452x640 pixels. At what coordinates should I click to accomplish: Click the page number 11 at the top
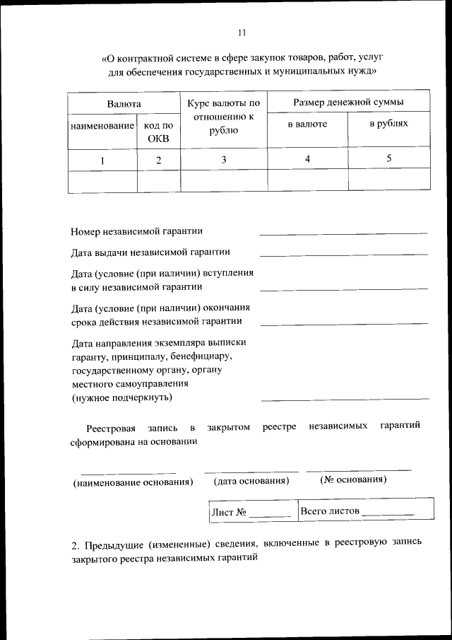tap(242, 33)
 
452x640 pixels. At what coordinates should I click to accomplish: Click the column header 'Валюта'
tap(124, 104)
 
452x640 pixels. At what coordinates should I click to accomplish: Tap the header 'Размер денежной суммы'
tap(349, 103)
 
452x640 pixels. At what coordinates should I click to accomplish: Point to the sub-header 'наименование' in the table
tap(102, 125)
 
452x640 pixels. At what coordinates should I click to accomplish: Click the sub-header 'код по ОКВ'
tap(158, 132)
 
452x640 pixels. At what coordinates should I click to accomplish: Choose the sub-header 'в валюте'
tap(307, 124)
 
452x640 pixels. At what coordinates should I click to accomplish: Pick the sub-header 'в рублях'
tap(389, 124)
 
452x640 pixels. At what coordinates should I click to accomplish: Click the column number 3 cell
tap(224, 160)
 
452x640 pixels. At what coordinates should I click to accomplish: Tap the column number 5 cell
tap(389, 158)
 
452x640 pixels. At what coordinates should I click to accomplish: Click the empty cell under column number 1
tap(102, 180)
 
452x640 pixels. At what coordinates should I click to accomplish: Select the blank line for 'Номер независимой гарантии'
tap(343, 232)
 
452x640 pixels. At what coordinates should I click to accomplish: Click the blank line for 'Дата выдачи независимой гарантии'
tap(343, 253)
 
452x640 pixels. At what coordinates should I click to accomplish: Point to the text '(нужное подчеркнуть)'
tap(121, 397)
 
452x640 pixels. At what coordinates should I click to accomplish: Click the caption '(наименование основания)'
tap(133, 482)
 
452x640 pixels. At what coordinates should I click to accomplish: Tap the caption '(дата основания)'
tap(251, 481)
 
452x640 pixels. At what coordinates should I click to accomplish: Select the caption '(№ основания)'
tap(353, 479)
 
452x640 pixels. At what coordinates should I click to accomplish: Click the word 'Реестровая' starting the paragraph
tap(110, 427)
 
